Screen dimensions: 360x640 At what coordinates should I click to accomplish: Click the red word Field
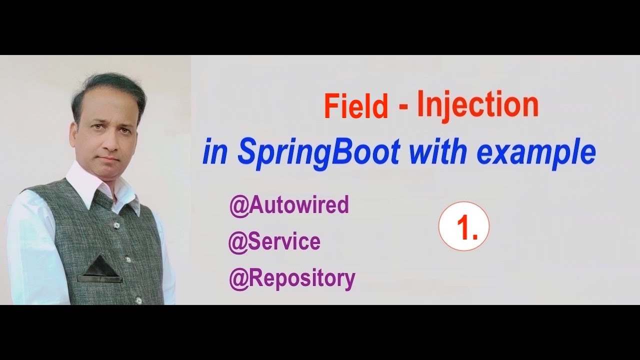(x=355, y=106)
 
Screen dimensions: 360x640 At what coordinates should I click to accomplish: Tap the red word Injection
(x=477, y=104)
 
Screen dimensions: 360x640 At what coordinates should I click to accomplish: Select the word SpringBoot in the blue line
(x=318, y=153)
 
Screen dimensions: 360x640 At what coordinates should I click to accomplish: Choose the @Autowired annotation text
(x=289, y=205)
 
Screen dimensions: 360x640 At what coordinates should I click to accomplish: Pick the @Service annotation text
(x=274, y=242)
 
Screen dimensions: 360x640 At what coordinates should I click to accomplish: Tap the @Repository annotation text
(x=292, y=278)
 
